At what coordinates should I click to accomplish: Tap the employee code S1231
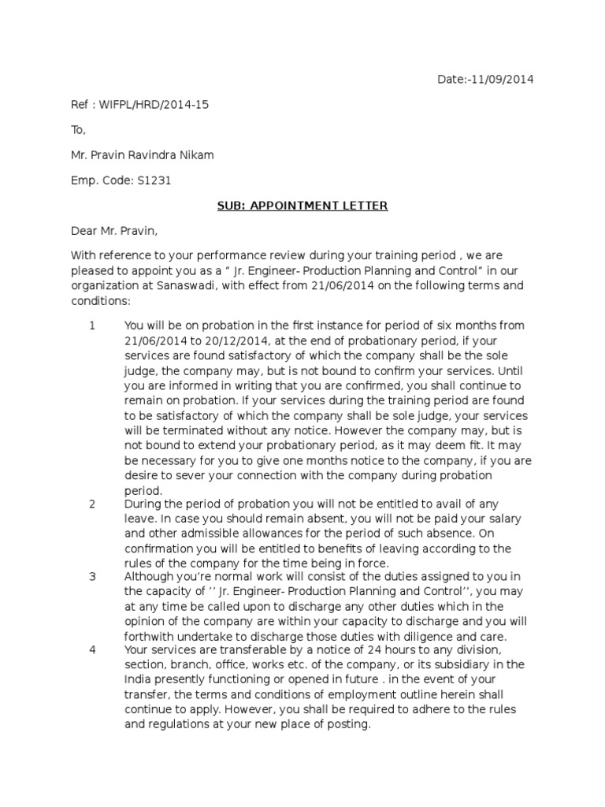[156, 180]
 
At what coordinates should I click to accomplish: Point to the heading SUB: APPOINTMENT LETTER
[302, 206]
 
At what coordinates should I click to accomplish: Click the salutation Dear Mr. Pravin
[114, 231]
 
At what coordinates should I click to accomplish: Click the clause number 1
[92, 325]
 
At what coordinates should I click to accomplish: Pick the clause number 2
[92, 504]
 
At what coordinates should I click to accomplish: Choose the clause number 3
[92, 576]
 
